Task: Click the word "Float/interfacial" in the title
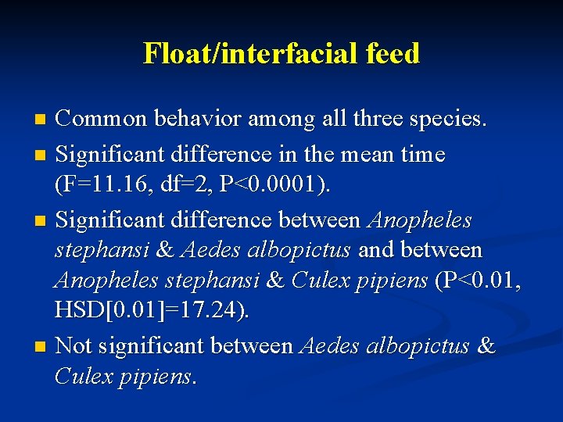[x=240, y=53]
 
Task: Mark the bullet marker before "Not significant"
[x=43, y=345]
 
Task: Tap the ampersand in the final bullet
[x=486, y=345]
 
